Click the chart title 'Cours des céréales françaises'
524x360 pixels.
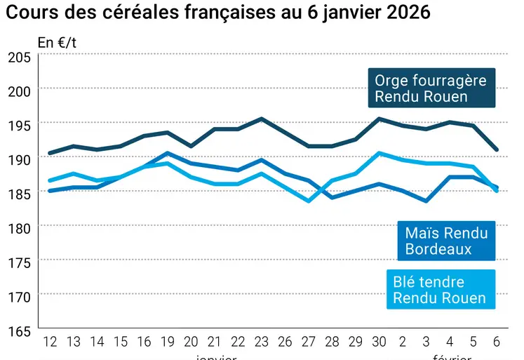click(x=218, y=13)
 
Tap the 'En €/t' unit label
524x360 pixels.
click(x=58, y=42)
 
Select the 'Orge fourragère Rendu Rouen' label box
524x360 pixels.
click(x=431, y=88)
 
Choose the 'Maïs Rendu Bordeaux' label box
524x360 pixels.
click(x=445, y=240)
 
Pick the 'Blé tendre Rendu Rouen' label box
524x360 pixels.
click(x=439, y=290)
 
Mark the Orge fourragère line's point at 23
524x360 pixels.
click(x=261, y=119)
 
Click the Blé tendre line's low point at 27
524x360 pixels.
click(x=308, y=201)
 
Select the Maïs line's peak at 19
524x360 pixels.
click(x=167, y=153)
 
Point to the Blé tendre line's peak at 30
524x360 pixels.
click(x=379, y=153)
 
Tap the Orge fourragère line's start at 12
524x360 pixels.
click(x=50, y=153)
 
